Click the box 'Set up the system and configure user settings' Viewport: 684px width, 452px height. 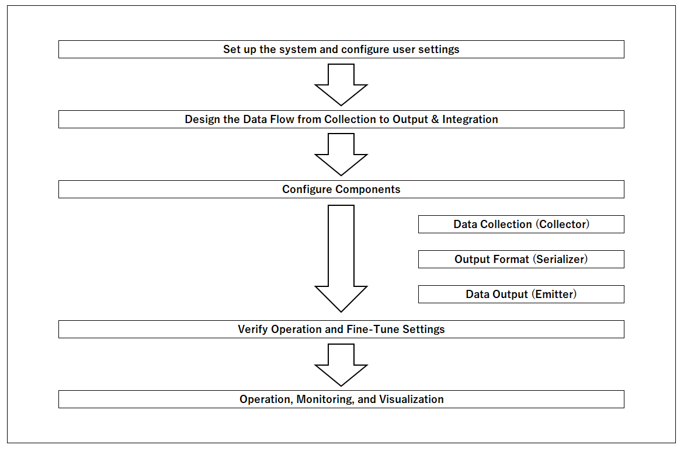tap(341, 50)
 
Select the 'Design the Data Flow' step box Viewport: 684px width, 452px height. tap(341, 120)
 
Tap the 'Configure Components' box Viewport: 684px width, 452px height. tap(341, 190)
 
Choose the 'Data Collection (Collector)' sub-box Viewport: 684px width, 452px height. tap(521, 225)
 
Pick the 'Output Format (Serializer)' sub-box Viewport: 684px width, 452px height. tap(521, 260)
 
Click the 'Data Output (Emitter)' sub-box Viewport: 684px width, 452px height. tap(521, 295)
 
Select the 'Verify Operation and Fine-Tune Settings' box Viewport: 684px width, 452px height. tap(341, 330)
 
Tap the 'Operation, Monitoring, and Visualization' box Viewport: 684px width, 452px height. tap(341, 400)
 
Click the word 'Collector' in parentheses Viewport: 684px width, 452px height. tap(563, 225)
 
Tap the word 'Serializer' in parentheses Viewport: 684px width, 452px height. tap(561, 260)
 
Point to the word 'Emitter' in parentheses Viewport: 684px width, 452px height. tap(555, 295)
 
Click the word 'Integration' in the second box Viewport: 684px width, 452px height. tap(470, 120)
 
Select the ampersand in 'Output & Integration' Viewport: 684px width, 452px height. tap(435, 120)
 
